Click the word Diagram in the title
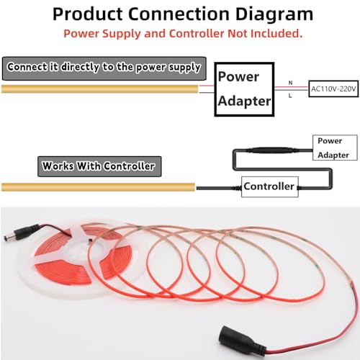[x=274, y=14]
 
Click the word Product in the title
[x=88, y=14]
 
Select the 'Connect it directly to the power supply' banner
[x=104, y=68]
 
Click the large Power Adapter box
[x=244, y=89]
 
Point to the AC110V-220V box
[x=333, y=89]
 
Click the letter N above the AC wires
[x=290, y=83]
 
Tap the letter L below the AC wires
[x=290, y=96]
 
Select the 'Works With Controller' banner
[x=99, y=166]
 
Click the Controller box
[x=270, y=186]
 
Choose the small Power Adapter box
[x=335, y=148]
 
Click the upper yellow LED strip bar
[x=100, y=89]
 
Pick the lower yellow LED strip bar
[x=99, y=187]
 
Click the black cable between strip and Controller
[x=218, y=188]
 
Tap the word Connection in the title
[x=179, y=14]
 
